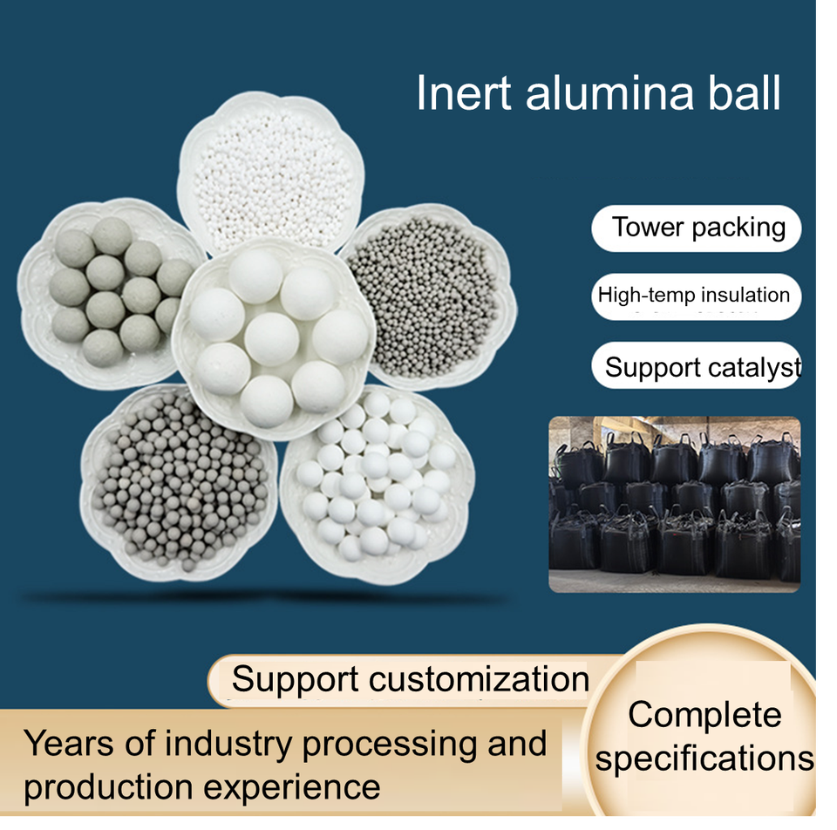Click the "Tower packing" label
pyautogui.click(x=697, y=228)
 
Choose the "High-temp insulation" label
pyautogui.click(x=694, y=295)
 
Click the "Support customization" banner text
pyautogui.click(x=410, y=679)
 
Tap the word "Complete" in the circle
pyautogui.click(x=704, y=715)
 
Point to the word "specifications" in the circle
pyautogui.click(x=704, y=758)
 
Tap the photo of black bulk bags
pyautogui.click(x=674, y=505)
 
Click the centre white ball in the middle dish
pyautogui.click(x=271, y=338)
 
